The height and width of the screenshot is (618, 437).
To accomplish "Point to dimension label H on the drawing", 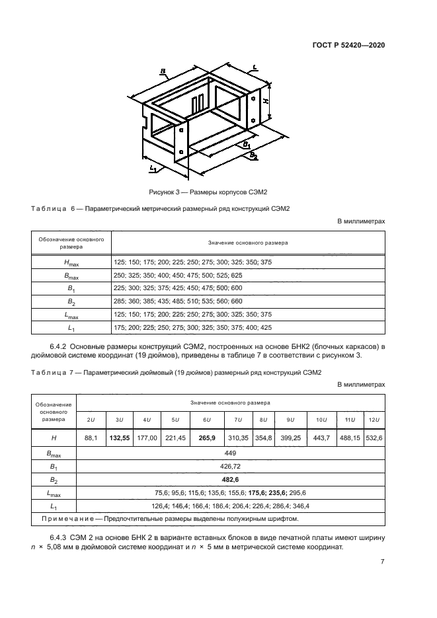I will click(x=266, y=101).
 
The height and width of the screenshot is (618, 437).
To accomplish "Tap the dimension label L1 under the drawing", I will click(x=153, y=169).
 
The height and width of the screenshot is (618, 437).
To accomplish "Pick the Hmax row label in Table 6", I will click(x=70, y=262).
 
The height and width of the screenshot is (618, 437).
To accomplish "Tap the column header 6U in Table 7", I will click(x=207, y=420).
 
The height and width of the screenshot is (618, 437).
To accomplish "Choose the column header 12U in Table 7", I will click(x=373, y=420).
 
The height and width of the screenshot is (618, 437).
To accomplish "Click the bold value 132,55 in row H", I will click(x=120, y=438).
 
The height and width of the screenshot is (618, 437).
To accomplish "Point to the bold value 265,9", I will click(x=207, y=438).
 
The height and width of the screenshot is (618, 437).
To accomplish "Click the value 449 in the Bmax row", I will click(x=231, y=454).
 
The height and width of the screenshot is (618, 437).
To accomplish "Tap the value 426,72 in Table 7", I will click(x=231, y=467).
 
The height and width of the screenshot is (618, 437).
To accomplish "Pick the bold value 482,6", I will click(x=231, y=480).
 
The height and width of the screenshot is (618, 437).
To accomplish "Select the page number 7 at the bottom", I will click(x=382, y=562).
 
